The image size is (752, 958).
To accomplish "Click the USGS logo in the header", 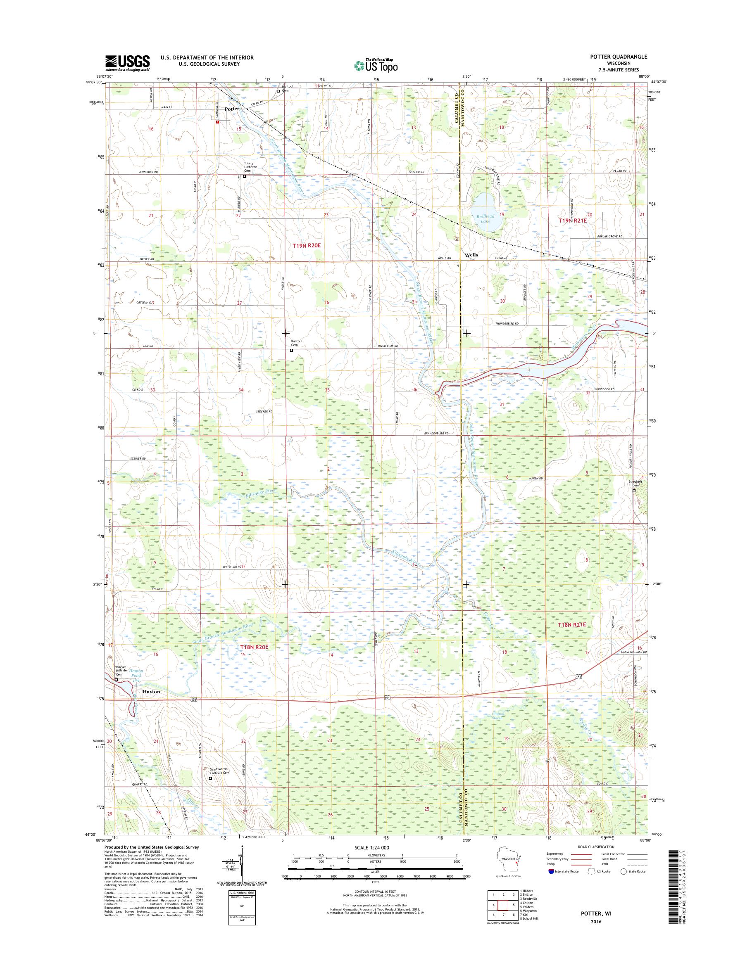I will pos(127,63).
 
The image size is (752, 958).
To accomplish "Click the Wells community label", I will pos(471,255).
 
